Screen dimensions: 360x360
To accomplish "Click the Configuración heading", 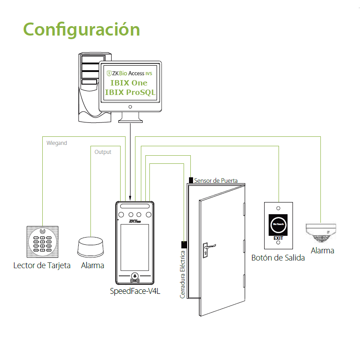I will tap(81, 29).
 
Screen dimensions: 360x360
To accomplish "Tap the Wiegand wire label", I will tap(57, 143).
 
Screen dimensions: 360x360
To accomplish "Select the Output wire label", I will tap(103, 152).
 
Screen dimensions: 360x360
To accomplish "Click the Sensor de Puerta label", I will tap(216, 180).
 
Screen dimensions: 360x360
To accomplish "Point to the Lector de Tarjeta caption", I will tap(42, 265).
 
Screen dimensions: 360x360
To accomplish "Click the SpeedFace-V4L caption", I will tap(135, 291).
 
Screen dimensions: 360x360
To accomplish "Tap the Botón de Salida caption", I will tap(278, 258).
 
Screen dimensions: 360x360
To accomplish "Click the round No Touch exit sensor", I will tap(278, 223).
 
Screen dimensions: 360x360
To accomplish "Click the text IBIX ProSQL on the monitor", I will tap(130, 93).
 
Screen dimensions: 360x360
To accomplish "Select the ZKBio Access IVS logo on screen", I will tap(130, 73).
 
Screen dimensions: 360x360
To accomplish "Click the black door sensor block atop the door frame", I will tap(191, 180).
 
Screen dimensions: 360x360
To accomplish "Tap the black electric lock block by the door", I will tap(184, 245).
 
